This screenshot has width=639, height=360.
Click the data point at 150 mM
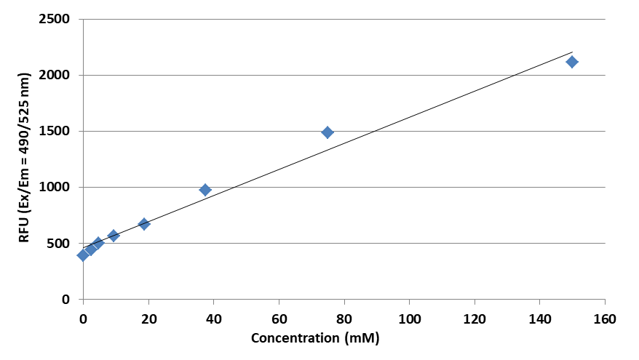(x=572, y=62)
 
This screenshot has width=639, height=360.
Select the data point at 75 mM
(x=328, y=132)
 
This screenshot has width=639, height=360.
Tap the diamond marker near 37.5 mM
(x=205, y=190)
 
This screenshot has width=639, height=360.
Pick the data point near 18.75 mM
(x=144, y=224)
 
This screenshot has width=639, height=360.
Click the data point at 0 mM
(x=83, y=255)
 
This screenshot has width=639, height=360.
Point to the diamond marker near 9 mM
(x=114, y=236)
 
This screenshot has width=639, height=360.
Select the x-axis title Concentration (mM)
(x=315, y=339)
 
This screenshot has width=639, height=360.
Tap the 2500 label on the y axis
(x=55, y=19)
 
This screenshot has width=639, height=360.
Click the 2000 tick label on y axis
(x=55, y=75)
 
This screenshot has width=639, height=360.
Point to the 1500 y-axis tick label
(x=55, y=132)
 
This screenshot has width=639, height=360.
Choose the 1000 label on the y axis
(x=55, y=188)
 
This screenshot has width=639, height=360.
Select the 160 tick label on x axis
(x=605, y=319)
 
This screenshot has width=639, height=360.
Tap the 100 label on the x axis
(x=409, y=319)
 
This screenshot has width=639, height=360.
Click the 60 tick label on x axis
(x=279, y=319)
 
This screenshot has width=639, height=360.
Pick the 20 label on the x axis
(x=148, y=319)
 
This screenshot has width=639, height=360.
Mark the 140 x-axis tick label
(x=539, y=319)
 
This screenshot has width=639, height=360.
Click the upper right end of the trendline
(x=573, y=52)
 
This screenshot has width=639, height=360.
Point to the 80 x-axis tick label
(x=344, y=319)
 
